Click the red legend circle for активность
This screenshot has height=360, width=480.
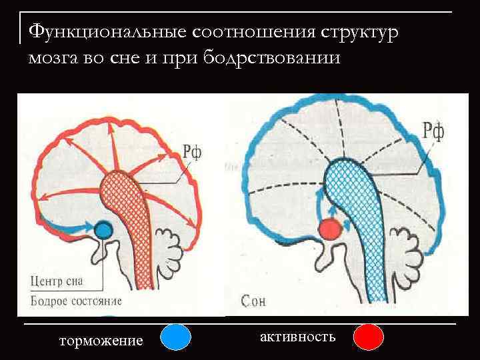pos(368,337)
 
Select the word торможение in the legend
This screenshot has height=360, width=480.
pos(101,341)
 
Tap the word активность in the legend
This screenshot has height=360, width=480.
pos(297,336)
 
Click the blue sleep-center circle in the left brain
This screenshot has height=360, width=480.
pos(103,230)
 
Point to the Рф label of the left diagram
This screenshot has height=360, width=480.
pos(192,153)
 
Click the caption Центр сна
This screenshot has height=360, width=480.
pos(56,281)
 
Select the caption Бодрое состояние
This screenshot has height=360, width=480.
pos(76,300)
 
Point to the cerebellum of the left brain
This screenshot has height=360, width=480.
pos(172,250)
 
